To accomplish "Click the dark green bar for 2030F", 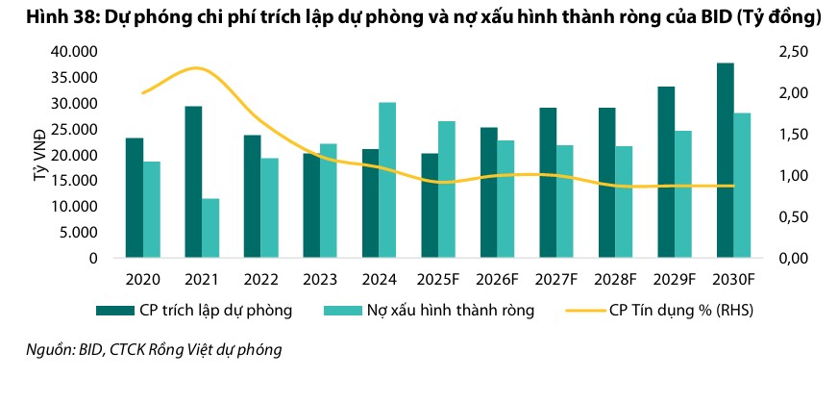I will click(x=725, y=161).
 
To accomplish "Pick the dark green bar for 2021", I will click(x=193, y=182).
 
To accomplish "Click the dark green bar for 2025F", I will click(x=430, y=206).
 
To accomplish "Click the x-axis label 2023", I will click(x=320, y=278).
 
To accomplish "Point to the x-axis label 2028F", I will click(x=615, y=278).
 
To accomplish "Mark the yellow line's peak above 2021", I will click(x=196, y=68).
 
